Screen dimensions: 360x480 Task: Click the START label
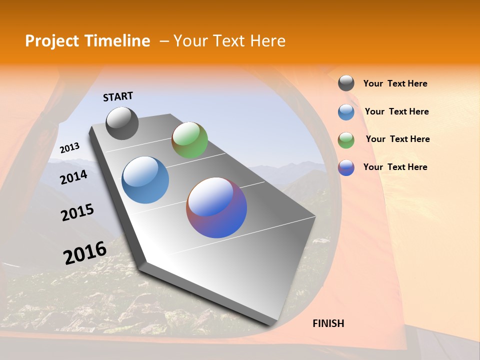coord(118,96)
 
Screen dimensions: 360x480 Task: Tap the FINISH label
coord(328,323)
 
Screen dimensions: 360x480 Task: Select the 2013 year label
coord(69,148)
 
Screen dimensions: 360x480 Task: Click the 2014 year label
coord(73,177)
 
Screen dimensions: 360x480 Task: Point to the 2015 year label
coord(77,212)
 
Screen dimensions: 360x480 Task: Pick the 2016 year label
coord(85,253)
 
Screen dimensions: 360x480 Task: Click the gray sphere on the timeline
coord(122,123)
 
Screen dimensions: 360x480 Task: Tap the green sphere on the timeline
coord(189,140)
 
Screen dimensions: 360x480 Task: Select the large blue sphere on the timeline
coord(145,180)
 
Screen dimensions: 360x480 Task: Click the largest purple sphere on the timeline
coord(216,207)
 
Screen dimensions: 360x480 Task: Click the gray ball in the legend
coord(346,83)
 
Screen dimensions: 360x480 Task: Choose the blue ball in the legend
coord(346,111)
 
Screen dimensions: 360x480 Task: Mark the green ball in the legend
coord(346,139)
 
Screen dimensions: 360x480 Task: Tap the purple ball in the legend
coord(346,167)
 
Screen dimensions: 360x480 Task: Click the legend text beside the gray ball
coord(395,83)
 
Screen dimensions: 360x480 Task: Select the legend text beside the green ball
coord(397,139)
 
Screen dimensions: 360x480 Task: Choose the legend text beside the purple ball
coord(395,167)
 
